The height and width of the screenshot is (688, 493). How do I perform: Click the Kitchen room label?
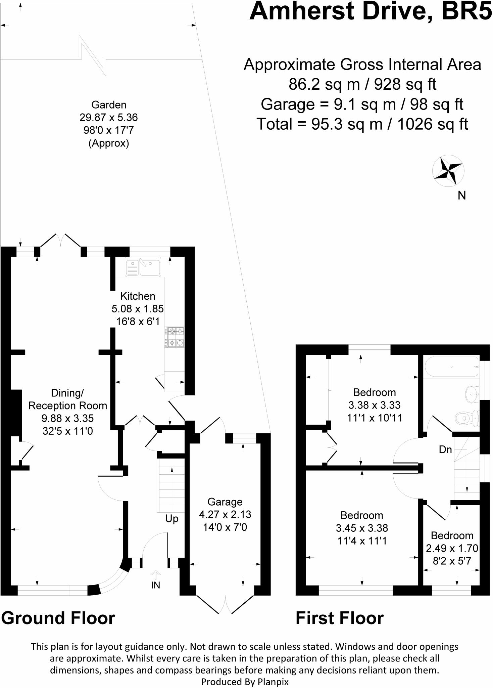point(138,296)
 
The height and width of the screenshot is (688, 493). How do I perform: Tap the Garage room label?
point(225,502)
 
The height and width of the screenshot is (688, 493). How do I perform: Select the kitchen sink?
point(143,267)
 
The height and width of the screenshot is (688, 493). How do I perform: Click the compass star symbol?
point(448,170)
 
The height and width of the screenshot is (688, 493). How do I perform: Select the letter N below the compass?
point(462,196)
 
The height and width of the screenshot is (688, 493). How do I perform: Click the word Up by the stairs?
point(172,519)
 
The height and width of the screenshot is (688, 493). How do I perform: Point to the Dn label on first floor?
point(445,449)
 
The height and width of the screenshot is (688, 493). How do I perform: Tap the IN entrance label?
point(155,585)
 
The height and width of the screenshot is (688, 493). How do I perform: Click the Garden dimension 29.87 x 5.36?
point(109,118)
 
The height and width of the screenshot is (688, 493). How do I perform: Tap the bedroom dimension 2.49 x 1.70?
point(452,548)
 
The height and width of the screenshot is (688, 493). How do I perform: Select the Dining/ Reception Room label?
point(67,399)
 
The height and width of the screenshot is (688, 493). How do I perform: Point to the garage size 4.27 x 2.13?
point(225,514)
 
